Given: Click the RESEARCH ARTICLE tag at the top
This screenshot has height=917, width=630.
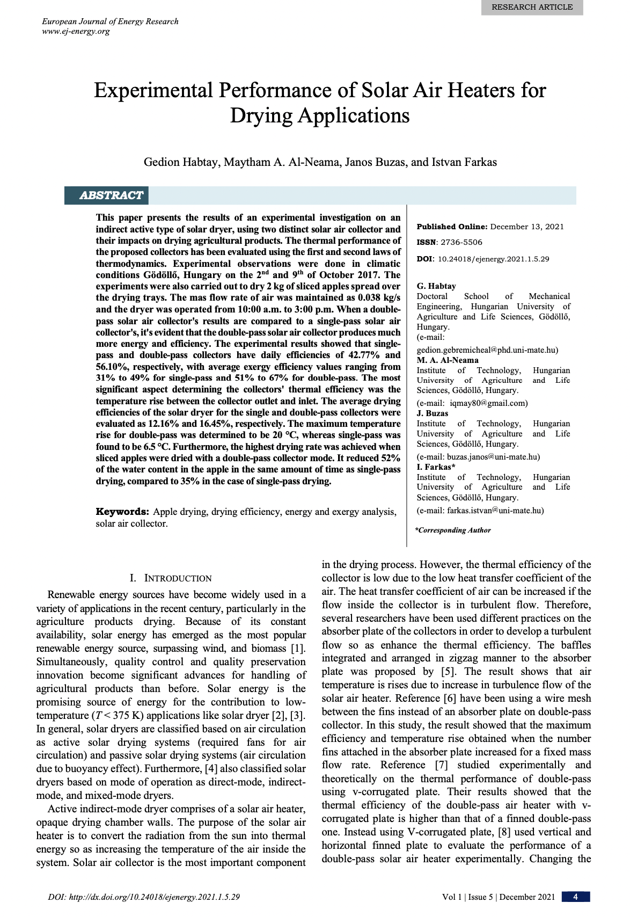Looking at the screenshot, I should [x=532, y=7].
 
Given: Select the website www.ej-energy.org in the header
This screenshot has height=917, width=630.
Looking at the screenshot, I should [x=76, y=31].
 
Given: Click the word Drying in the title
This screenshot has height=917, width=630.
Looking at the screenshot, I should [x=263, y=115].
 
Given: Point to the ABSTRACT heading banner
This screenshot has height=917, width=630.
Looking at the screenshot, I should [x=111, y=195].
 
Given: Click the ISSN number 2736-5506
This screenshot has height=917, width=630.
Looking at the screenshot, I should [x=461, y=242].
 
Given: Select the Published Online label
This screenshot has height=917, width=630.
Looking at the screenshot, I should [x=452, y=227].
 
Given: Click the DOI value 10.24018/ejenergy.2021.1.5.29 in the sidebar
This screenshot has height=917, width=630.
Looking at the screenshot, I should [x=493, y=259].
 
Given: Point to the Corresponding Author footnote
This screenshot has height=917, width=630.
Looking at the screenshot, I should [x=453, y=530].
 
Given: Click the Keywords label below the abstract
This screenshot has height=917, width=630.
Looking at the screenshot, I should [x=122, y=512].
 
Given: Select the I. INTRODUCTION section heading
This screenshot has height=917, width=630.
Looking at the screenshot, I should [x=171, y=578].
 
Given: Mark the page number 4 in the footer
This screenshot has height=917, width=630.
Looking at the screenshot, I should [x=575, y=897].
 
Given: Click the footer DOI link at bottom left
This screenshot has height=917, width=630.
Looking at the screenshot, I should [x=144, y=897].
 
